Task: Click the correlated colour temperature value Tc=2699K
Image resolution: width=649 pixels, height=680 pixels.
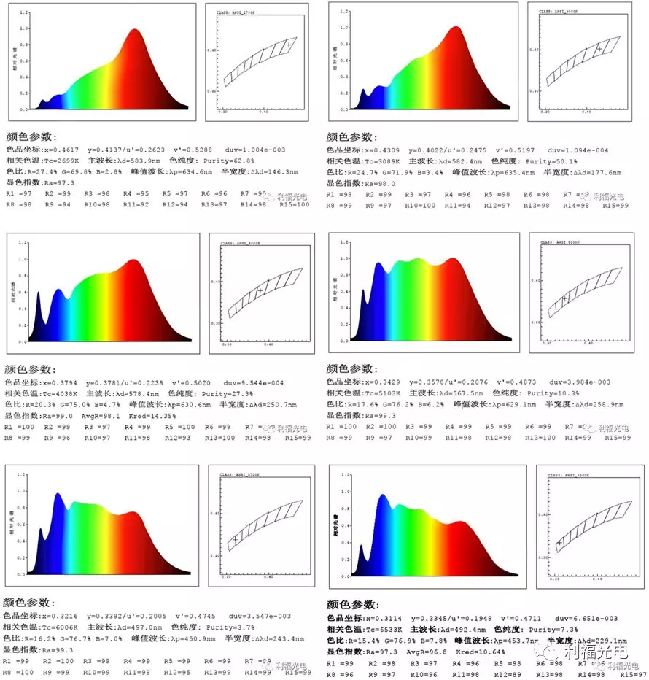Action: point(60,161)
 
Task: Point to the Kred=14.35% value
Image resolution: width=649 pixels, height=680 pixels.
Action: point(156,415)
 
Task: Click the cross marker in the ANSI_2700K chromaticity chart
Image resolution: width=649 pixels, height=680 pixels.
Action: point(289,45)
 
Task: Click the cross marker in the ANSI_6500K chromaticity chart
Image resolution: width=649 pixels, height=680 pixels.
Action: point(559,542)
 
